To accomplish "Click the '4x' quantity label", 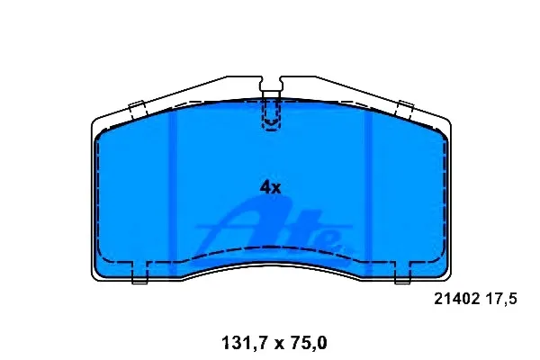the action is [x=270, y=188].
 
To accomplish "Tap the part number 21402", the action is [x=457, y=299].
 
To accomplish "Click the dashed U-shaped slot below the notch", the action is [x=271, y=115].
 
